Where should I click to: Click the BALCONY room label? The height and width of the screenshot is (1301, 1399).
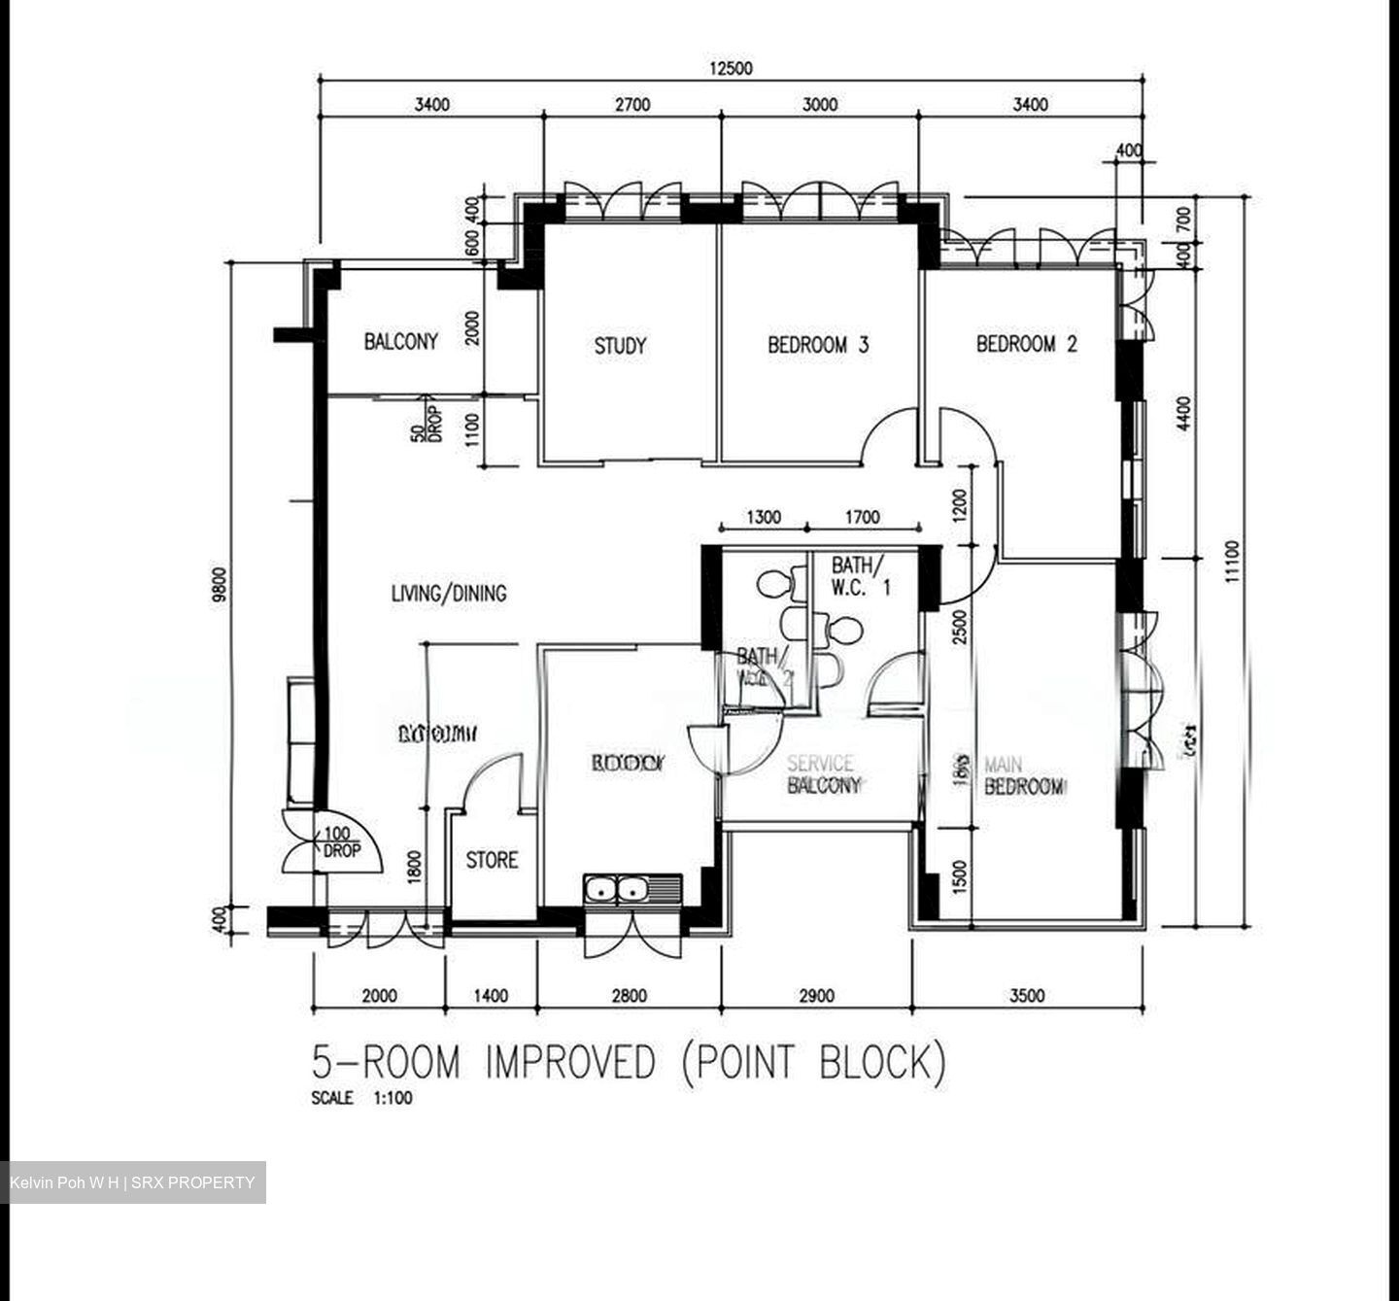click(x=400, y=341)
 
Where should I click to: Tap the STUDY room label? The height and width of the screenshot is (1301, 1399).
click(x=620, y=345)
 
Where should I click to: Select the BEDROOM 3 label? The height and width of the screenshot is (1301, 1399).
click(x=818, y=344)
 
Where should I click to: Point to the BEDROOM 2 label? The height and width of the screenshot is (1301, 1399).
click(x=1027, y=343)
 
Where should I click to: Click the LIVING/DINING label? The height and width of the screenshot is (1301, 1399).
click(x=449, y=593)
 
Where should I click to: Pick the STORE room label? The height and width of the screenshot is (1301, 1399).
click(x=492, y=860)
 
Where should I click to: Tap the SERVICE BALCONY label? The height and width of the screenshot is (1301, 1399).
click(x=823, y=774)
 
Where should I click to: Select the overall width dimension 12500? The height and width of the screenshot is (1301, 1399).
click(x=731, y=68)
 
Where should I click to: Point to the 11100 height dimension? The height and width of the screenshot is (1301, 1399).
click(x=1232, y=562)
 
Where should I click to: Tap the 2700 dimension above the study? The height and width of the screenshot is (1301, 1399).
click(x=631, y=105)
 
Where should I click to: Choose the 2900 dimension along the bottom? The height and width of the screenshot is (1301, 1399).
click(x=816, y=995)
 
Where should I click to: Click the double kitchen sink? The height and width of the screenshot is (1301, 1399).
click(x=618, y=888)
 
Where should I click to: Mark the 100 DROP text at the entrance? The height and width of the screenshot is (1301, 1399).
click(x=339, y=842)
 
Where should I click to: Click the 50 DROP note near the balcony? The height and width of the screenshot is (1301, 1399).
click(x=425, y=421)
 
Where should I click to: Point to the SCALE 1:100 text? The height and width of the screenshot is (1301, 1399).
click(x=361, y=1098)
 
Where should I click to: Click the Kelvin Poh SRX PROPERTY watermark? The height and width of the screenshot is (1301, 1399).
click(x=133, y=1182)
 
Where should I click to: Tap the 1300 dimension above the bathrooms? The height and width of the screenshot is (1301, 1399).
click(x=763, y=518)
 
